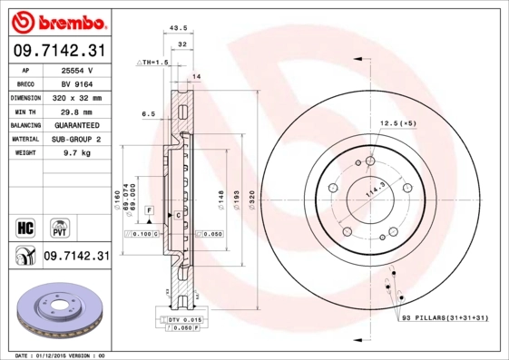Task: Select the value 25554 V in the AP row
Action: coord(77,70)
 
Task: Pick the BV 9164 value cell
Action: coord(77,83)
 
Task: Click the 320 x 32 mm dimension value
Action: coord(77,97)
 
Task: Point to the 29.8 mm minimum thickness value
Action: coord(77,111)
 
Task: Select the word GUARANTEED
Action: coord(77,124)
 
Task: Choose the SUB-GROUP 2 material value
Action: coord(77,139)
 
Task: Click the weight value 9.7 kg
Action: coord(77,153)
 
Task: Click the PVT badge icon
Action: coord(58,226)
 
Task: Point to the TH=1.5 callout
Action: coord(153,62)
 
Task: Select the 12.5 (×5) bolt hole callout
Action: coord(397,122)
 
